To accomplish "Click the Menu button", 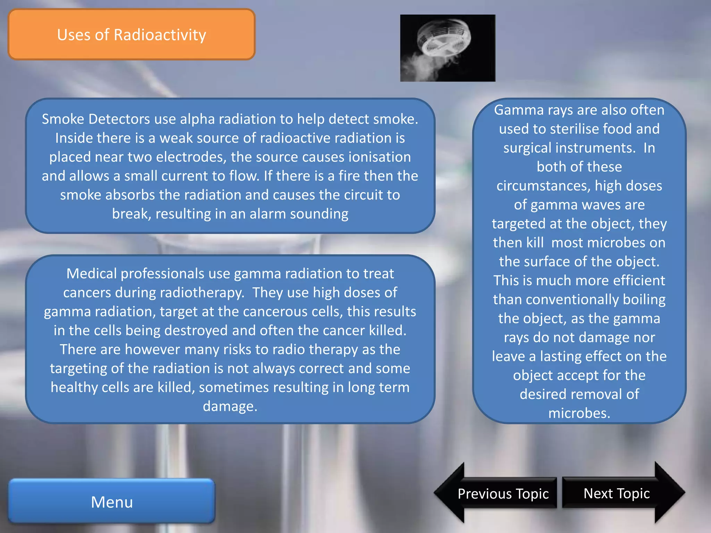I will tap(112, 501).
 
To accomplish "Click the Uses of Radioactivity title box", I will tap(132, 35).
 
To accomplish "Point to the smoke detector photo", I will tap(447, 48).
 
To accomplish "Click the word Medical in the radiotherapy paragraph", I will tap(92, 274).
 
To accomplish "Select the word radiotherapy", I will tap(202, 293).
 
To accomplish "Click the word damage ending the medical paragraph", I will tap(230, 406).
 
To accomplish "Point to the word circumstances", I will tap(543, 186).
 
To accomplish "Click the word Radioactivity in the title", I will tap(160, 35).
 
